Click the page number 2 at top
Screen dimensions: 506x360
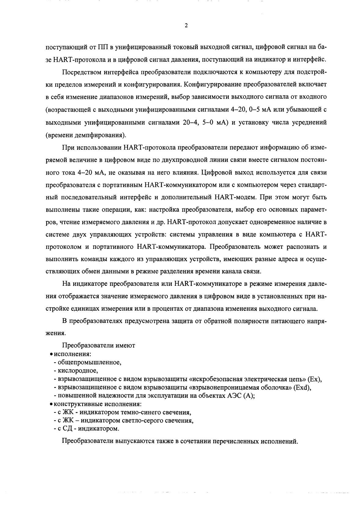tap(186, 26)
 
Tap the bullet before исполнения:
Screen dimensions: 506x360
tap(51, 354)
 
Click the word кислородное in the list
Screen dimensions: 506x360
tap(78, 371)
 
